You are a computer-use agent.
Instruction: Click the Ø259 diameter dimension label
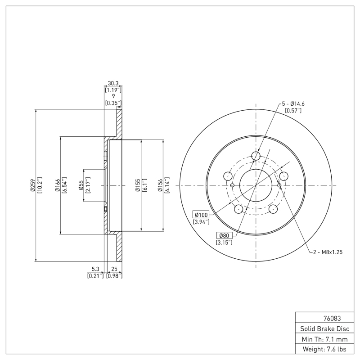pyautogui.click(x=33, y=185)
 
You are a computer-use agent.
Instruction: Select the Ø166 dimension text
pyautogui.click(x=58, y=185)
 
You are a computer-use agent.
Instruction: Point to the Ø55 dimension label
pyautogui.click(x=81, y=185)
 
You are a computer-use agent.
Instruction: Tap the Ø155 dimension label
pyautogui.click(x=138, y=185)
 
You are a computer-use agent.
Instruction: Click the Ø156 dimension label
pyautogui.click(x=160, y=185)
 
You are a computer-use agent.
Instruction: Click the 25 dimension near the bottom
pyautogui.click(x=114, y=270)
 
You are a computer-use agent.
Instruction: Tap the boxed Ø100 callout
pyautogui.click(x=202, y=215)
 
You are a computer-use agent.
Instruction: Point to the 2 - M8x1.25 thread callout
pyautogui.click(x=328, y=252)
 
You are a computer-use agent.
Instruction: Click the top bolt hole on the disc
pyautogui.click(x=256, y=156)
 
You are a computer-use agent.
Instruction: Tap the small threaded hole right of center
pyautogui.click(x=279, y=185)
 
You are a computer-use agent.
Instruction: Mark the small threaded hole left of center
pyautogui.click(x=232, y=185)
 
